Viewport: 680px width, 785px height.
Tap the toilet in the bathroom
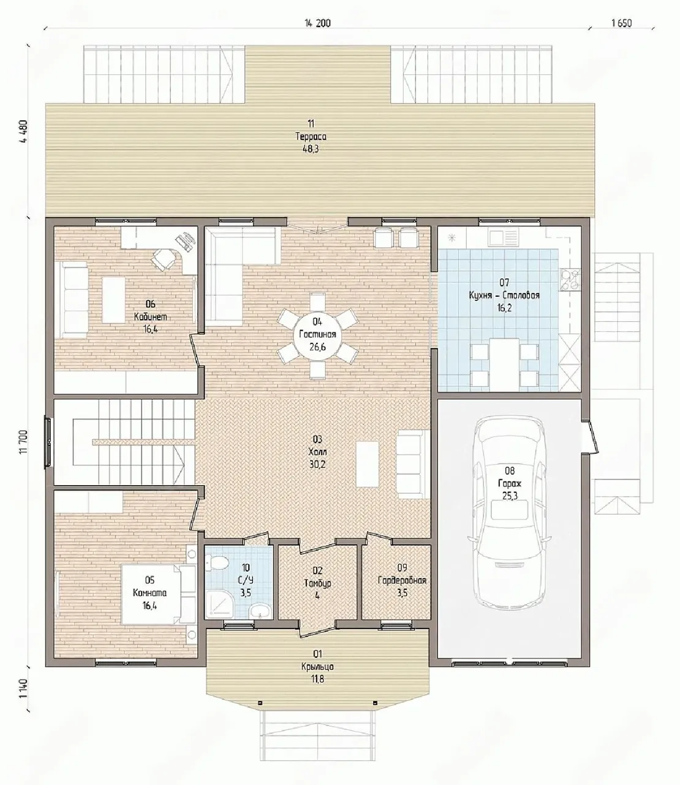(217, 562)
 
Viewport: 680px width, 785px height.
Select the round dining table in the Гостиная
(317, 335)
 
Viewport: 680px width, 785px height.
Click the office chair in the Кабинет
(164, 259)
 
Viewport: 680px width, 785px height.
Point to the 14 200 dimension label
(317, 23)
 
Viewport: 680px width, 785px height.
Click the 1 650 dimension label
(622, 23)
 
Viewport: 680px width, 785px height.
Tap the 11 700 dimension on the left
(25, 442)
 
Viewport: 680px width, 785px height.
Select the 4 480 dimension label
(25, 131)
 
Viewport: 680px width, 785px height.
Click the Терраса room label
(311, 136)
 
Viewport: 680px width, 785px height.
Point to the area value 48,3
(311, 149)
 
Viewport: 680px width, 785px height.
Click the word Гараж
(510, 483)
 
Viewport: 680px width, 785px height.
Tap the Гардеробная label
(402, 580)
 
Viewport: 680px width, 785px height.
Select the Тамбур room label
(317, 583)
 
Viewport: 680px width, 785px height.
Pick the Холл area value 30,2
(317, 464)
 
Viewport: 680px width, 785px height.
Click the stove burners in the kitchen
(570, 279)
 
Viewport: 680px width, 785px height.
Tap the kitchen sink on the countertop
(501, 237)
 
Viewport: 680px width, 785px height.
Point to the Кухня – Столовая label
(504, 295)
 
